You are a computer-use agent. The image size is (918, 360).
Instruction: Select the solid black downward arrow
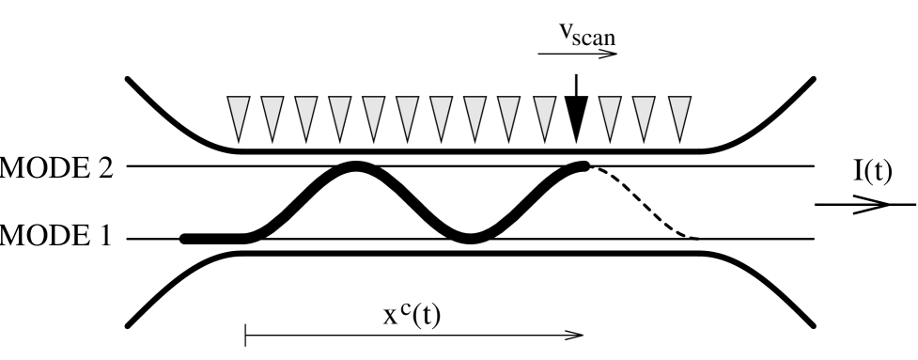pyautogui.click(x=577, y=118)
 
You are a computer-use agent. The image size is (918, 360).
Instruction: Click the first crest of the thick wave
pyautogui.click(x=356, y=167)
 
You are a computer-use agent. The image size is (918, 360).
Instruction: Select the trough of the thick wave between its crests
pyautogui.click(x=470, y=238)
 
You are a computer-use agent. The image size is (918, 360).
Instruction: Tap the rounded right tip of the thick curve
pyautogui.click(x=586, y=167)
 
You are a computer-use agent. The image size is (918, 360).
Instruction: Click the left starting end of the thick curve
pyautogui.click(x=185, y=239)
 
